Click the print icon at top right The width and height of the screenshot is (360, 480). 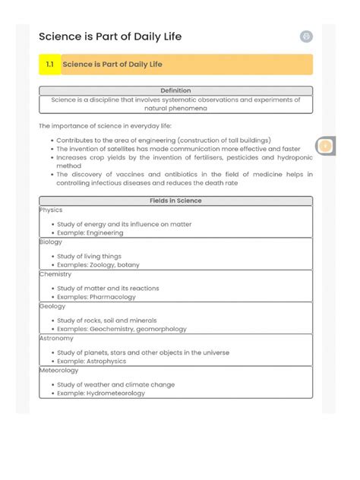click(306, 36)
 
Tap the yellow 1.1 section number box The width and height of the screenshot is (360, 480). click(49, 65)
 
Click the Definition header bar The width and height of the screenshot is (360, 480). click(175, 90)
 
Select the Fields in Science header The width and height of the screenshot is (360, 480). click(175, 201)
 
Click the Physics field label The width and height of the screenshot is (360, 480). click(52, 210)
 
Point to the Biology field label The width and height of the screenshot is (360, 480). click(52, 242)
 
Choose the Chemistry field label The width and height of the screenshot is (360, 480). click(55, 273)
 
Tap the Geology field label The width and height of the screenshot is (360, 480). click(53, 306)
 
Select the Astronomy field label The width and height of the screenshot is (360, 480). click(57, 338)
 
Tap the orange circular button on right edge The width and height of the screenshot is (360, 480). click(325, 146)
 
